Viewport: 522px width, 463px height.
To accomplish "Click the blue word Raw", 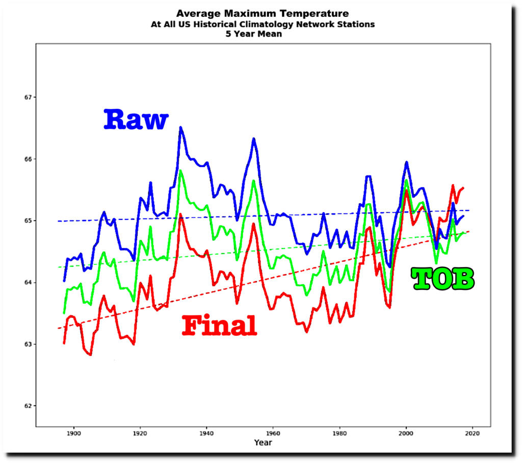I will tap(136, 120).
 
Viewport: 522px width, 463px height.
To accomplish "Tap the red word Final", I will tap(219, 326).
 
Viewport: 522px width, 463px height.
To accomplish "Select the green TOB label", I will tap(443, 279).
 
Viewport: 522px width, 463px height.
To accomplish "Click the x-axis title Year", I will tap(263, 443).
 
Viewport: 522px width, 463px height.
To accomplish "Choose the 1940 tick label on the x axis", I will tap(206, 433).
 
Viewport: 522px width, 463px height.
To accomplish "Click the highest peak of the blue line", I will tap(180, 127).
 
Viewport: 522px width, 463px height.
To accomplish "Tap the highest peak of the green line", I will tap(180, 170).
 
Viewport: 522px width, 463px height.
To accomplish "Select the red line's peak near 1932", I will tap(180, 214).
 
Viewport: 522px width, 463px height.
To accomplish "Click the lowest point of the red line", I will tap(90, 355).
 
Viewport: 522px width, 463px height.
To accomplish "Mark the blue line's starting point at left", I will tap(64, 281).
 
